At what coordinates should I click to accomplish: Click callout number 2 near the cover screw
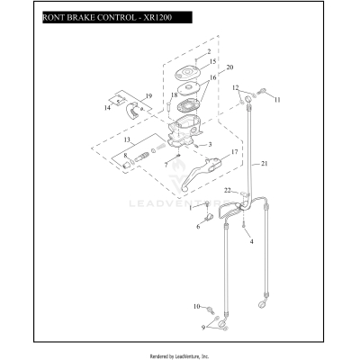209,53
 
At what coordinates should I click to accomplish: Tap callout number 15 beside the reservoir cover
212,62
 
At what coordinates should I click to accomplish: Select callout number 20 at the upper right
229,68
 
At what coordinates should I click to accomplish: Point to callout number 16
212,78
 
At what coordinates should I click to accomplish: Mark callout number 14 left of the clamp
106,108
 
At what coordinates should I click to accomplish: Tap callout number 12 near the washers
236,87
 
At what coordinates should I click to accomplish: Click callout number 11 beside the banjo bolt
277,99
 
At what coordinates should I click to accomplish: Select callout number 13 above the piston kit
128,141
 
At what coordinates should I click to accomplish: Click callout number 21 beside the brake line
264,163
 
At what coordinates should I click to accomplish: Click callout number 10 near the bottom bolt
196,308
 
